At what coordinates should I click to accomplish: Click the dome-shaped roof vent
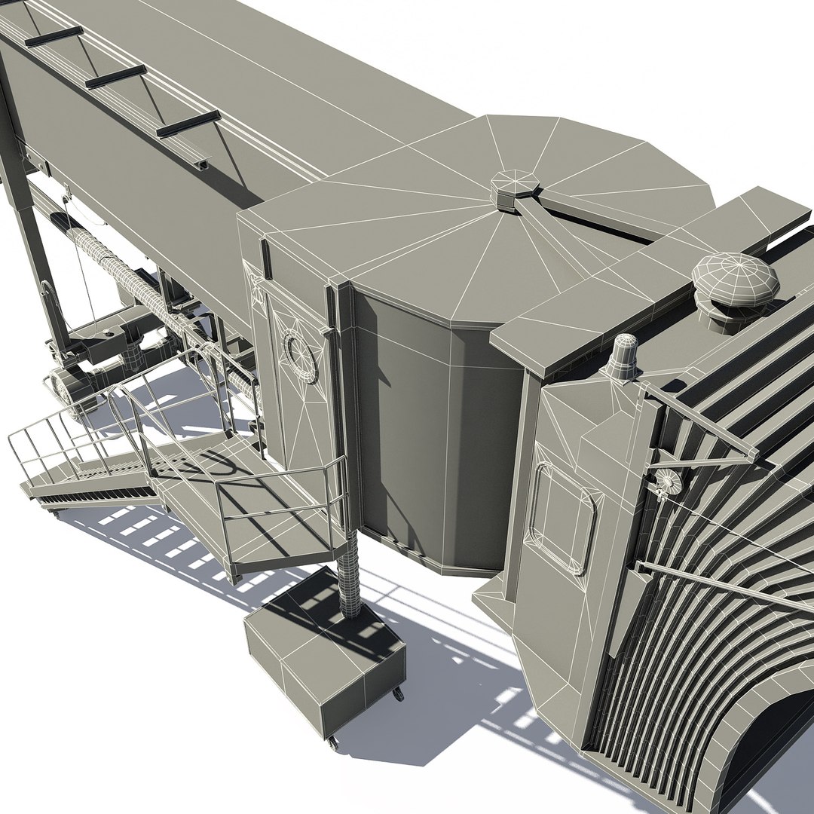734,280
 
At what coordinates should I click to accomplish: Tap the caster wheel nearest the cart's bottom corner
333,743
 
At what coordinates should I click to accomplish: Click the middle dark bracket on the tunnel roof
115,76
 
